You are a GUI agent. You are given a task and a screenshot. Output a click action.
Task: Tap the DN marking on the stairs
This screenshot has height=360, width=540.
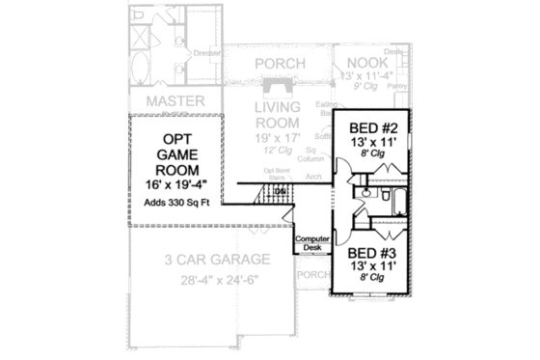279,191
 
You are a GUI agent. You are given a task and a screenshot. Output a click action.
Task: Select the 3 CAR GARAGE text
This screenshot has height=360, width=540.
202,259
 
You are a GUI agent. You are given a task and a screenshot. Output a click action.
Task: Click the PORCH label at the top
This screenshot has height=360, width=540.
280,64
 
